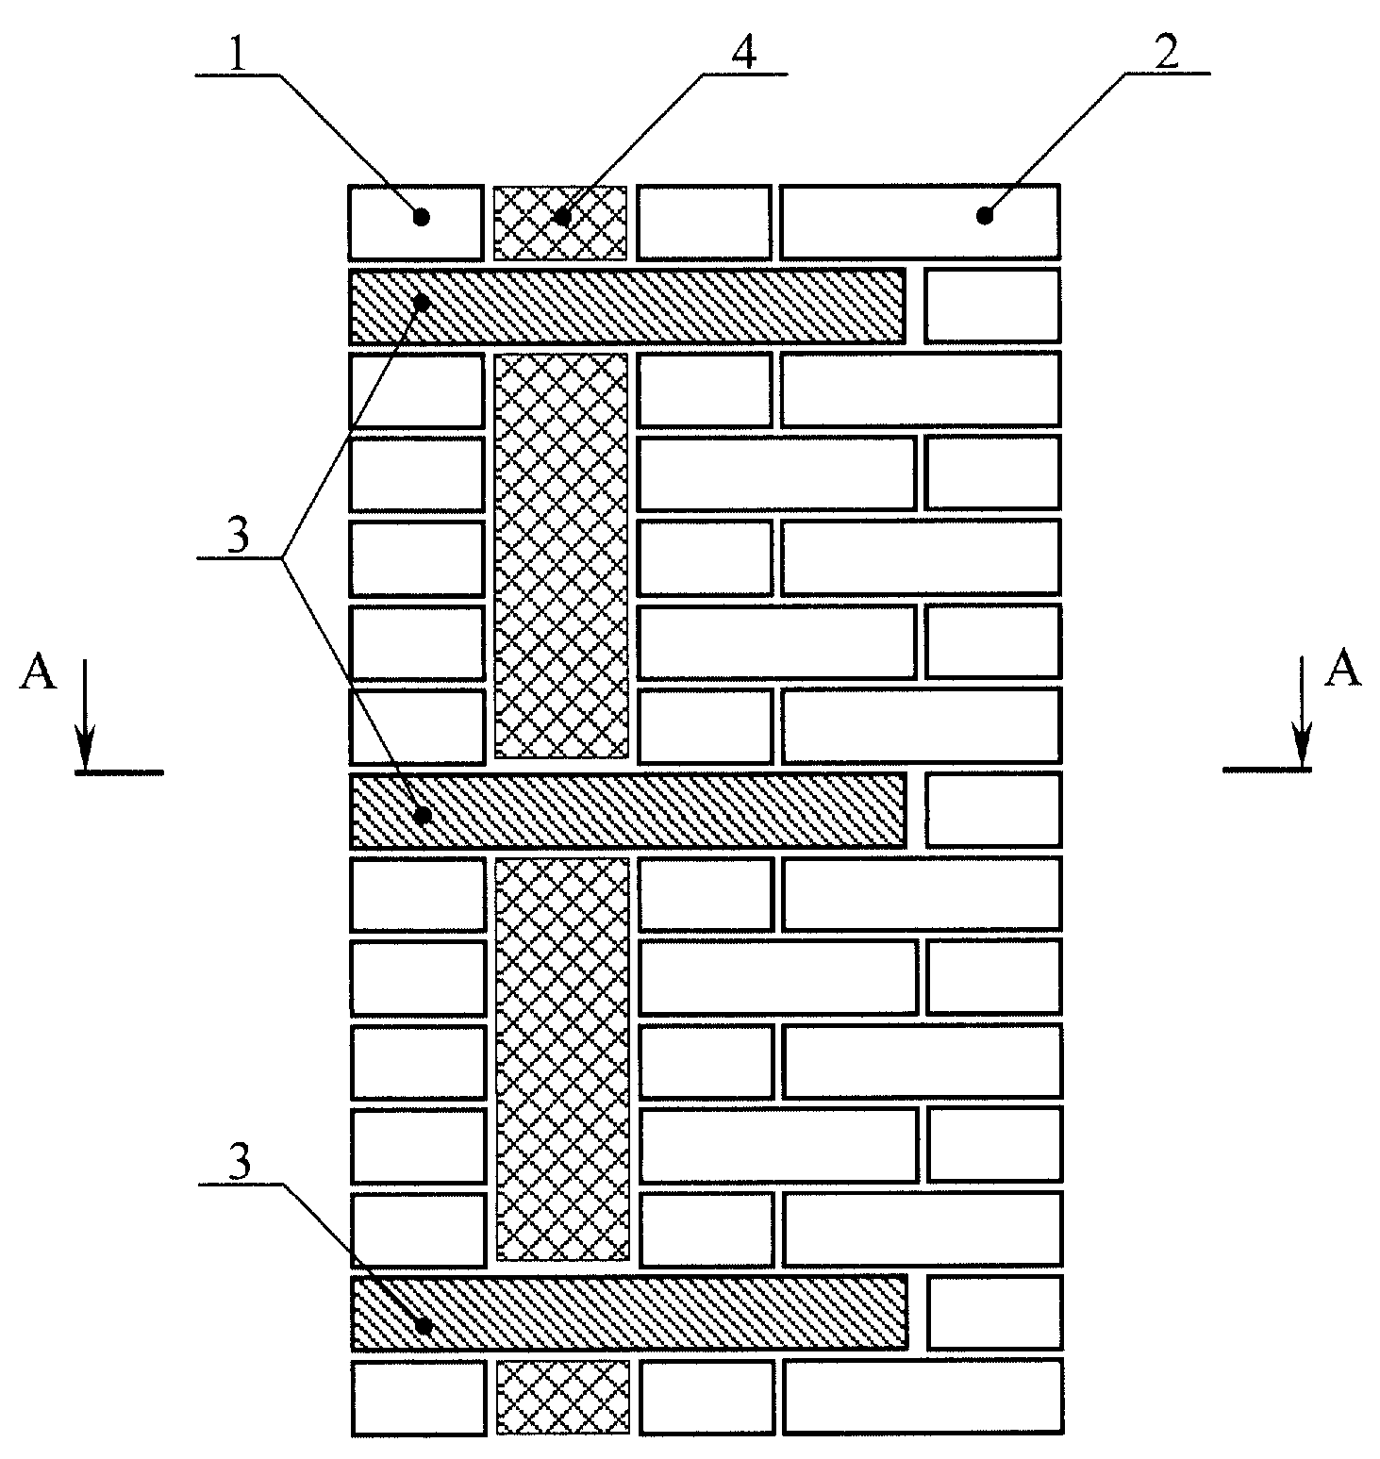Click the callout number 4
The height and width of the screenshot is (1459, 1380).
click(743, 55)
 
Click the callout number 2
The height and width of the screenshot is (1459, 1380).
click(1167, 55)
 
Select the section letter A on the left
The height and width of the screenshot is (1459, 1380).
click(38, 675)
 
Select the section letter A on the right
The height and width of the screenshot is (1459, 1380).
click(1343, 669)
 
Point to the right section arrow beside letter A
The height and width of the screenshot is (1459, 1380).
click(1303, 713)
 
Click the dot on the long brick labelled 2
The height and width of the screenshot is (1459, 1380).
click(985, 216)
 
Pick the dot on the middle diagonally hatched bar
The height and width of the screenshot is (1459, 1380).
click(424, 813)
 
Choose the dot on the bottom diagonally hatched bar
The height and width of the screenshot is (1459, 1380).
click(424, 1326)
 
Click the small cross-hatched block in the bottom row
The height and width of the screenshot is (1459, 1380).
click(562, 1397)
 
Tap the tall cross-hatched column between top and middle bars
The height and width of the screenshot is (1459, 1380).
click(561, 555)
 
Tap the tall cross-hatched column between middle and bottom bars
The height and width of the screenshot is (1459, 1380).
click(562, 1059)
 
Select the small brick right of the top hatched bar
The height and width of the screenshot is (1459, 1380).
click(991, 305)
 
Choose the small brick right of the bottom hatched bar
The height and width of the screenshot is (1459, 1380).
click(994, 1312)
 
